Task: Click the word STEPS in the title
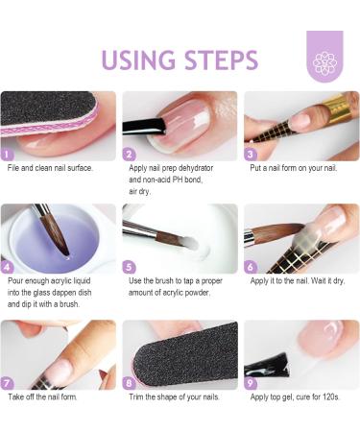(221, 60)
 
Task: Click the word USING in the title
(138, 60)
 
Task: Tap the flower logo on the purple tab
(324, 63)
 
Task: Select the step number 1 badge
(7, 155)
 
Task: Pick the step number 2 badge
(129, 155)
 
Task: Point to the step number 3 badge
(251, 155)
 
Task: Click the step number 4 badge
(7, 267)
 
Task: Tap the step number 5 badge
(129, 267)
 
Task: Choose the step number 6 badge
(251, 267)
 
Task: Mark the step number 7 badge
(7, 383)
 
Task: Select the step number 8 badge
(129, 383)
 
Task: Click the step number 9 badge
(251, 383)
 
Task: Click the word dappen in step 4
(59, 293)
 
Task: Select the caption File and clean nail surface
(50, 168)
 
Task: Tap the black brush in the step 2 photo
(145, 126)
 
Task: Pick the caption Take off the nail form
(42, 397)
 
